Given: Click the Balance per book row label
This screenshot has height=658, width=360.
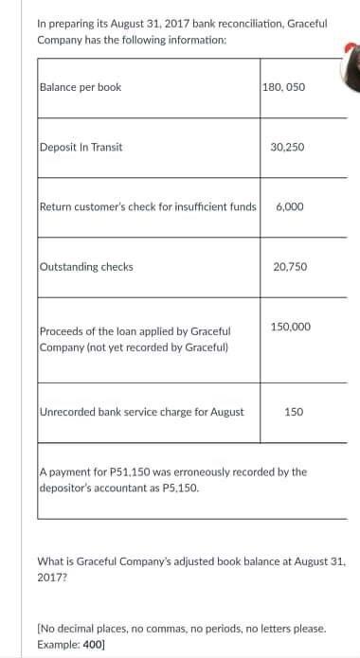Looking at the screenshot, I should click(x=81, y=87).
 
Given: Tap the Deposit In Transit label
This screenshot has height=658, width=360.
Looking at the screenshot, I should click(x=81, y=147).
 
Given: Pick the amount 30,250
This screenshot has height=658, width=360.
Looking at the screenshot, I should click(x=288, y=147).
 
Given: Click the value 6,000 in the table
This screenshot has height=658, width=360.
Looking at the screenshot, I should click(x=288, y=206).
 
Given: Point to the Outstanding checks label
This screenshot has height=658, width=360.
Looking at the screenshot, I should click(x=86, y=266).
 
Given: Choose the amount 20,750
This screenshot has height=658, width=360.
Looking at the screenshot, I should click(x=288, y=266).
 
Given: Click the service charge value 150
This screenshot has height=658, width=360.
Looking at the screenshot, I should click(x=294, y=412).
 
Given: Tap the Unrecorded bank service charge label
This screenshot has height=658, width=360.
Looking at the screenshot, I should click(x=142, y=412).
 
